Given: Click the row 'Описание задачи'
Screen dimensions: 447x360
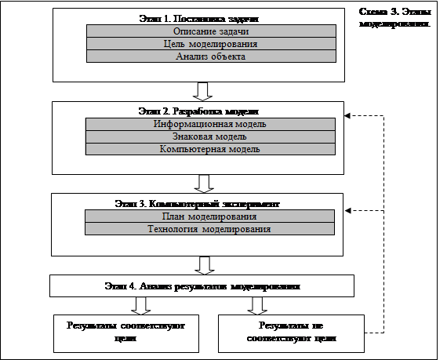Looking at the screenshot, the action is point(211,31).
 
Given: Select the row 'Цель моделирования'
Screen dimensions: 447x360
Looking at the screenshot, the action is point(211,44).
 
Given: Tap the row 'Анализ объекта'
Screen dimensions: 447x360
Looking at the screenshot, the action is point(211,56).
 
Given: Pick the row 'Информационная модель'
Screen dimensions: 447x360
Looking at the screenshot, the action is point(210,124).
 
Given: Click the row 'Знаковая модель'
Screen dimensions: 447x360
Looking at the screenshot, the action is point(210,136).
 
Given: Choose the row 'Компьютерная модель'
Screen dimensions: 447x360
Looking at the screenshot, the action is point(210,149).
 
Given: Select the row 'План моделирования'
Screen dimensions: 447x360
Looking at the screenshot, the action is point(210,216).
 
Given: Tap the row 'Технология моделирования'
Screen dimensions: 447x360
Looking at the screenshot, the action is point(210,229).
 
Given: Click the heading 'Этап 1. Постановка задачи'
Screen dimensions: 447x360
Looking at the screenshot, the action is point(199,19).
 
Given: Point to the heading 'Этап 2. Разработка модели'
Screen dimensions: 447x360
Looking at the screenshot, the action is point(198,111).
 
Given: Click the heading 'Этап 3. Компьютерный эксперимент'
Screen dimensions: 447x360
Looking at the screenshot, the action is point(198,204).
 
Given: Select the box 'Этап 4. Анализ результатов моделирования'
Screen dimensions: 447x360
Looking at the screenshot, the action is point(202,286).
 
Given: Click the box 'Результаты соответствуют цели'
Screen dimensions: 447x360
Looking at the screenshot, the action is point(126,333).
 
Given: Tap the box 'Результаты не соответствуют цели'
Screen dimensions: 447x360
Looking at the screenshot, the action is point(291,333).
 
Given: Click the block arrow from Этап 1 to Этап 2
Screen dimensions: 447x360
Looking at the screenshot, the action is point(202,92).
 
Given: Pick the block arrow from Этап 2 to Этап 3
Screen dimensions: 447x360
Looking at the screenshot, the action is point(204,184).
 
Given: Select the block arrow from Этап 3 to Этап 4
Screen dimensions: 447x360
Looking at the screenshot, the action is point(205,265).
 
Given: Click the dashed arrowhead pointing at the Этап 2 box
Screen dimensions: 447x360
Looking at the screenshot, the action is point(347,116).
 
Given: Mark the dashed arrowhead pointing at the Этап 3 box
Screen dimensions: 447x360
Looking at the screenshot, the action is point(347,211).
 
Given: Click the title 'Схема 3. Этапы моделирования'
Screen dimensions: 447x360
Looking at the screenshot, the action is point(394,18).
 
